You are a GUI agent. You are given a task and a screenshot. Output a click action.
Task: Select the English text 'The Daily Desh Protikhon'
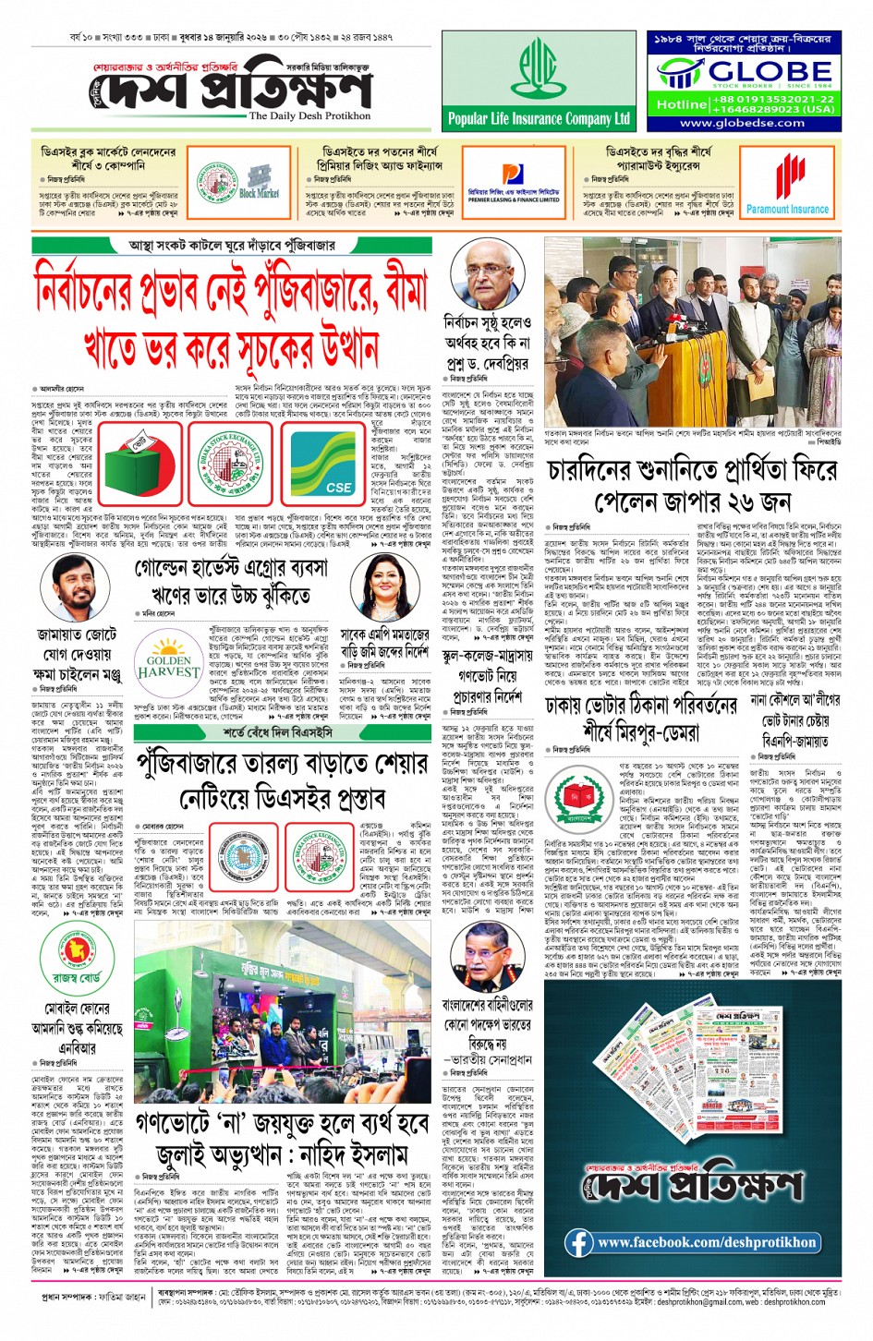(x=309, y=116)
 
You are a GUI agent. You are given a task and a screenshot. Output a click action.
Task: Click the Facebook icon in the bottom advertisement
(x=578, y=1242)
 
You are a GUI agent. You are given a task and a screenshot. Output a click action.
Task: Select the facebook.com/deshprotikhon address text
(x=707, y=1243)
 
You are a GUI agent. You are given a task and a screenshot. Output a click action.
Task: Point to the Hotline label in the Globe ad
(x=682, y=104)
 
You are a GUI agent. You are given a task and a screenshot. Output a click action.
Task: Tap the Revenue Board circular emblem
(x=77, y=946)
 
